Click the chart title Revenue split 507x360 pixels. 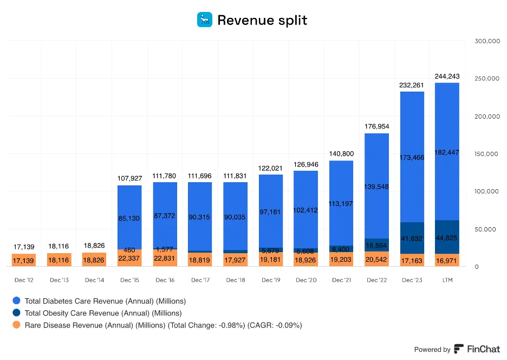(x=262, y=21)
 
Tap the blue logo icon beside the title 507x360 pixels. (x=205, y=20)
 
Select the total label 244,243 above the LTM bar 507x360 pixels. (x=447, y=76)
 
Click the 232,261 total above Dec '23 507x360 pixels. (x=412, y=85)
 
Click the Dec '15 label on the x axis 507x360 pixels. (x=129, y=280)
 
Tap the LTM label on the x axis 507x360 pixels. (x=447, y=280)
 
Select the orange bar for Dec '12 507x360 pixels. (x=24, y=260)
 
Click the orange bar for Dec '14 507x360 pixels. (x=94, y=259)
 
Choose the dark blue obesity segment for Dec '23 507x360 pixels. (x=412, y=237)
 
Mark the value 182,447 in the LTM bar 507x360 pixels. (x=447, y=152)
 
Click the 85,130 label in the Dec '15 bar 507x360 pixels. (x=129, y=218)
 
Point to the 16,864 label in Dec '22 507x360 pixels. (x=376, y=246)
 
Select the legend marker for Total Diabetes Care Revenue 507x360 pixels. (x=16, y=301)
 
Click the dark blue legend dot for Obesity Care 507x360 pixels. (x=16, y=313)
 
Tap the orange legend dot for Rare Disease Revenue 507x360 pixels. (x=16, y=325)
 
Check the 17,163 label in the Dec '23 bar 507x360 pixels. (x=412, y=261)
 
